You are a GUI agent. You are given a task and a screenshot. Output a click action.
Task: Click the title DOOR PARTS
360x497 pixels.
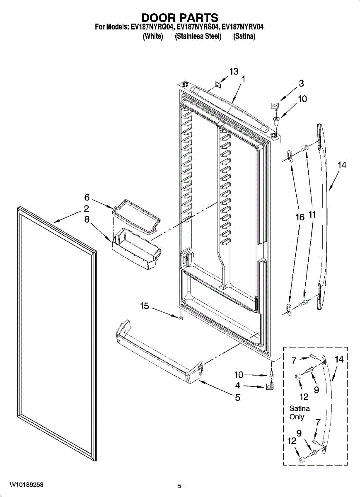click(x=180, y=18)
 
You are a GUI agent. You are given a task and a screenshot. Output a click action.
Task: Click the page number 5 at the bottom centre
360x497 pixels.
click(x=179, y=486)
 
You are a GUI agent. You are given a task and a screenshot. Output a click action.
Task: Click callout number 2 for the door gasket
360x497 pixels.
click(x=87, y=209)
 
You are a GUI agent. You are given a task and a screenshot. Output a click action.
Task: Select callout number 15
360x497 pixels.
click(x=144, y=306)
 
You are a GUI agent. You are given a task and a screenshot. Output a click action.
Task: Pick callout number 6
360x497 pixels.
click(x=87, y=198)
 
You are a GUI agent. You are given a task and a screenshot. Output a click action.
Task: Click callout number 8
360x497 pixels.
click(x=87, y=220)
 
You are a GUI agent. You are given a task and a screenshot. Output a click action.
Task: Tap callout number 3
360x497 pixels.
click(x=301, y=83)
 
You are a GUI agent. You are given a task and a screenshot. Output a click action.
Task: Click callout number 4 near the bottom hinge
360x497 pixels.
click(x=238, y=386)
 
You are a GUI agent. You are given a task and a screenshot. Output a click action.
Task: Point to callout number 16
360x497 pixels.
click(x=300, y=216)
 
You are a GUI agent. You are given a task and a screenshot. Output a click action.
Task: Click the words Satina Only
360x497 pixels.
click(x=299, y=413)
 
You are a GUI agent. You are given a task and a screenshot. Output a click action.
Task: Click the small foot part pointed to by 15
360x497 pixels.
click(x=181, y=318)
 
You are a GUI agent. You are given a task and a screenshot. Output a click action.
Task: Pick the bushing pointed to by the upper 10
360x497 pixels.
click(x=275, y=120)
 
